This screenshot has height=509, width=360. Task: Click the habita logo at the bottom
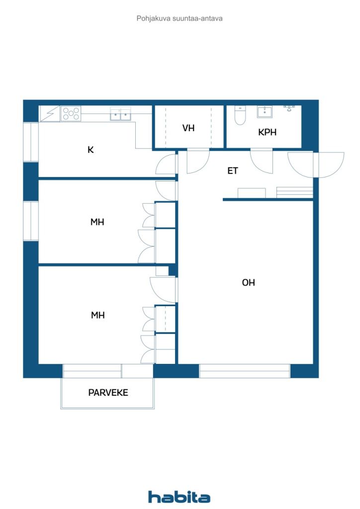point(179,497)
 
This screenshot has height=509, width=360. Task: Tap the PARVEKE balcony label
point(108,393)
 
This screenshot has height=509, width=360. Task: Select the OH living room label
point(248,282)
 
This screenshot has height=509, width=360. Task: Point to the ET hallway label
point(232,171)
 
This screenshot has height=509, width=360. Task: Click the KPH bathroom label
point(267,132)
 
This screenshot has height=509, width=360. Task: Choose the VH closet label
point(188,128)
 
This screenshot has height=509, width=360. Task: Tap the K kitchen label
point(90,150)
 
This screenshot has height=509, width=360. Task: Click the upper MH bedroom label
point(97,222)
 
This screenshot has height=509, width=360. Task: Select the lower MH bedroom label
point(98,315)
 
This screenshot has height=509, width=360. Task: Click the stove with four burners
point(71,114)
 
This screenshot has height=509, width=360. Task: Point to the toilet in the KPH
point(240,115)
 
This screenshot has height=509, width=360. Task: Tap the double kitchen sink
point(120,114)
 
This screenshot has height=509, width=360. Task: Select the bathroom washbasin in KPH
point(265,112)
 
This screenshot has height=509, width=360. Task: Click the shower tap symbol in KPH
point(289,108)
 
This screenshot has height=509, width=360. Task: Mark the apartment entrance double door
point(316,165)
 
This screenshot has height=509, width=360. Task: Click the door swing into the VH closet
point(198,161)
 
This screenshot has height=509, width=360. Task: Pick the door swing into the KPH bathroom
point(262,161)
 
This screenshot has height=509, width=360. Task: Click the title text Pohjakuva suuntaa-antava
point(180,18)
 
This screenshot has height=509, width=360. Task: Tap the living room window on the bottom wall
point(245,371)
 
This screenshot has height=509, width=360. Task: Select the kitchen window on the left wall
point(31,142)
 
